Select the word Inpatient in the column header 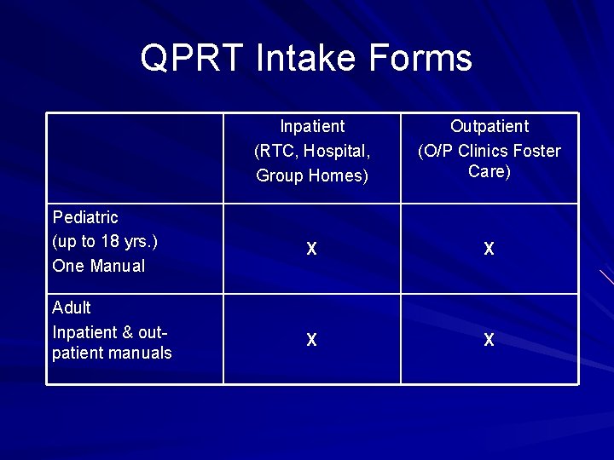pos(312,127)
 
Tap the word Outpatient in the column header pos(489,127)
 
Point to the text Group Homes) pos(312,176)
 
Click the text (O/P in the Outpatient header pos(436,152)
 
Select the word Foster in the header pos(536,152)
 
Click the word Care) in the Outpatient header pos(489,171)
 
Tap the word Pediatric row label pos(85,217)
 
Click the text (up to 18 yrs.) pos(105,241)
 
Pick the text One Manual pos(98,266)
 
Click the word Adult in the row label pos(72,308)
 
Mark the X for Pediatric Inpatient pos(312,250)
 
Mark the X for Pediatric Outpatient pos(489,250)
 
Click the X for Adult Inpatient pos(312,341)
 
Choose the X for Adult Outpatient pos(489,341)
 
